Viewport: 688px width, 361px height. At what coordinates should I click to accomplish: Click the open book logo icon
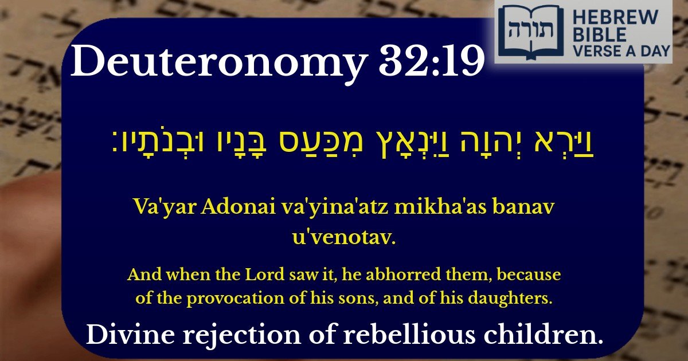pos(530,32)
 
